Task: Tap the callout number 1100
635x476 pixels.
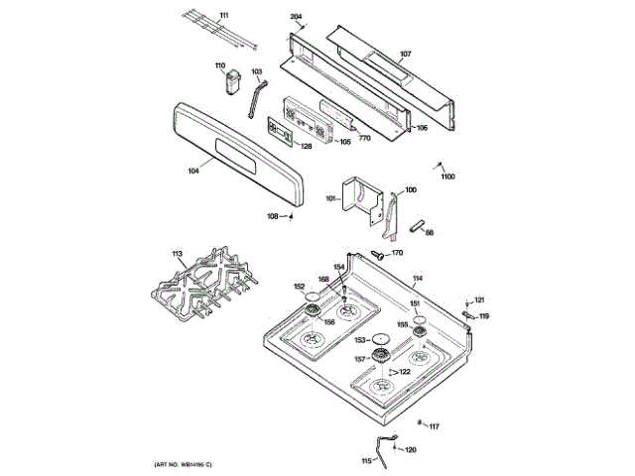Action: (447, 177)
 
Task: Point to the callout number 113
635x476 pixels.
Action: (178, 255)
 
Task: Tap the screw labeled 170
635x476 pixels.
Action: (377, 255)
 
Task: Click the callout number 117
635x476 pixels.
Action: (434, 426)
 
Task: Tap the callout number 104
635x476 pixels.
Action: (192, 171)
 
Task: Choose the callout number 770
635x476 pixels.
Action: (364, 138)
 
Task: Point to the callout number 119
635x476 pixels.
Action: (484, 316)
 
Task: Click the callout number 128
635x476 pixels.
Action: (306, 147)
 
